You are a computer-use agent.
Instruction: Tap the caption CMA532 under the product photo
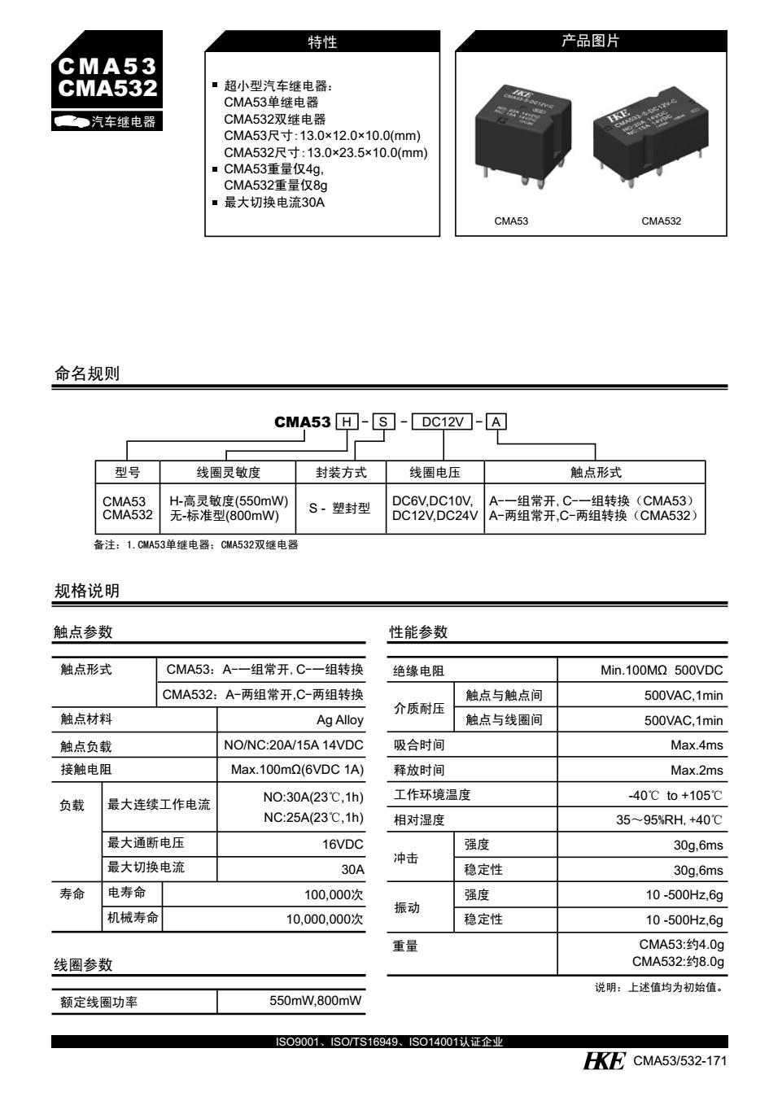tap(661, 221)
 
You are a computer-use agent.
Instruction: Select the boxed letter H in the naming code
tap(347, 422)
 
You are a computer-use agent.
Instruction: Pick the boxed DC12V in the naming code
tap(443, 422)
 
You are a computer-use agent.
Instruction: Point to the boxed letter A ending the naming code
tap(497, 422)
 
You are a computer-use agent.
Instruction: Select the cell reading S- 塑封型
tap(339, 509)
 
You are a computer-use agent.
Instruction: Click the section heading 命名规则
tap(86, 374)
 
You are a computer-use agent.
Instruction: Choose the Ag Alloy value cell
tap(340, 720)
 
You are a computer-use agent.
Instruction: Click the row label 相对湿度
tap(419, 820)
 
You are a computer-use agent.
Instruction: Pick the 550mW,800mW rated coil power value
tap(316, 1001)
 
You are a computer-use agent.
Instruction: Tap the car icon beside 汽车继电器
tap(71, 122)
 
